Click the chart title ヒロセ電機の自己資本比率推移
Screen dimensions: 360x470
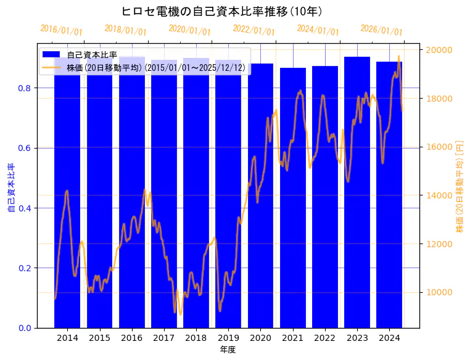221,11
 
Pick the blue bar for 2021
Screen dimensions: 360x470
292,197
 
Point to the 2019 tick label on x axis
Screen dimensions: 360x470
228,338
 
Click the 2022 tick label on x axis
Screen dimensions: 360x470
324,338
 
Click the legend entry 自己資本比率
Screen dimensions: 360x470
92,55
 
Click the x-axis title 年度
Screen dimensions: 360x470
228,350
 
